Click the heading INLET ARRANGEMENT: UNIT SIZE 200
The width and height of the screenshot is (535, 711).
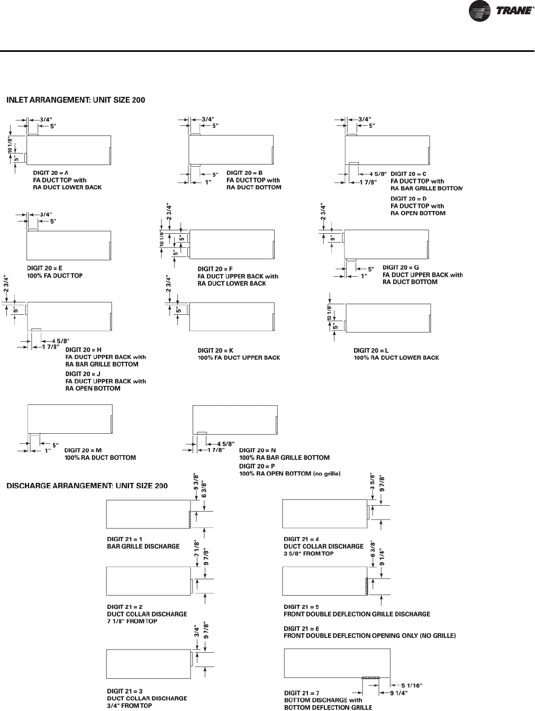(75, 99)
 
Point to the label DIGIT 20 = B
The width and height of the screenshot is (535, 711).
(244, 172)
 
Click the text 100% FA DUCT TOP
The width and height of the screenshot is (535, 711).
(55, 276)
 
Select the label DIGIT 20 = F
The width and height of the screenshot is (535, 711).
(215, 269)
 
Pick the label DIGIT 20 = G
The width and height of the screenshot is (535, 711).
(401, 268)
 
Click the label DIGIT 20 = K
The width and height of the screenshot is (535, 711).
(215, 350)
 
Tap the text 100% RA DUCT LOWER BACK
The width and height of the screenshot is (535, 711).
(396, 358)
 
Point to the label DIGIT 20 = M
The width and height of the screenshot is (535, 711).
(83, 450)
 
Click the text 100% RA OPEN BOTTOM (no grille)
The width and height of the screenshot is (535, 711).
(289, 473)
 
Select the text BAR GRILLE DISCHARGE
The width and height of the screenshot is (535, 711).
(143, 546)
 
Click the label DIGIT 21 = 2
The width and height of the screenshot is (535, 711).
(124, 607)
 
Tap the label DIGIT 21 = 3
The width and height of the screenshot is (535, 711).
(124, 691)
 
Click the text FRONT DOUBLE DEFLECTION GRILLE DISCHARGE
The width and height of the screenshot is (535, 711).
(357, 614)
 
